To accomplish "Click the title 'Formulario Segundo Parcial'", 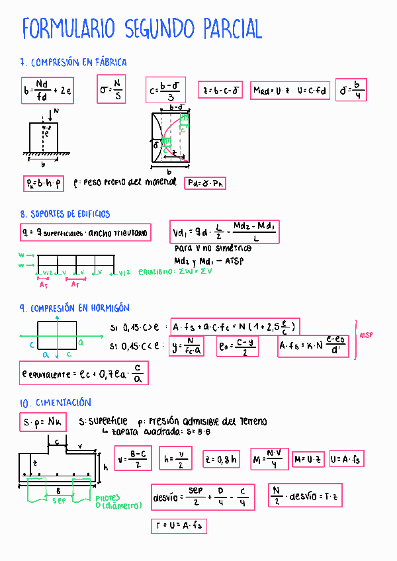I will pyautogui.click(x=142, y=30).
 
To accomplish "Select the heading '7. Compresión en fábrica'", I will pyautogui.click(x=73, y=62).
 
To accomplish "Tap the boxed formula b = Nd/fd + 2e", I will pyautogui.click(x=46, y=90).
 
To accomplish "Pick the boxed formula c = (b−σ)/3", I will pyautogui.click(x=167, y=90).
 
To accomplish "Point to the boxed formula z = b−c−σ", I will pyautogui.click(x=222, y=90).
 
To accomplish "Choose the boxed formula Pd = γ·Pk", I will pyautogui.click(x=205, y=183).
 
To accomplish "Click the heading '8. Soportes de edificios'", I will pyautogui.click(x=66, y=214).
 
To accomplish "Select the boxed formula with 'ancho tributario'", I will pyautogui.click(x=85, y=232).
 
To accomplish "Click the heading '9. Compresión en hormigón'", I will pyautogui.click(x=75, y=308).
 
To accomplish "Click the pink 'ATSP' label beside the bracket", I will pyautogui.click(x=366, y=335).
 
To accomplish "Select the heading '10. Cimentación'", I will pyautogui.click(x=56, y=402).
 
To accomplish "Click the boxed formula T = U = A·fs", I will pyautogui.click(x=180, y=526).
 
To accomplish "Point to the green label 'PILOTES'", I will pyautogui.click(x=107, y=497).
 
